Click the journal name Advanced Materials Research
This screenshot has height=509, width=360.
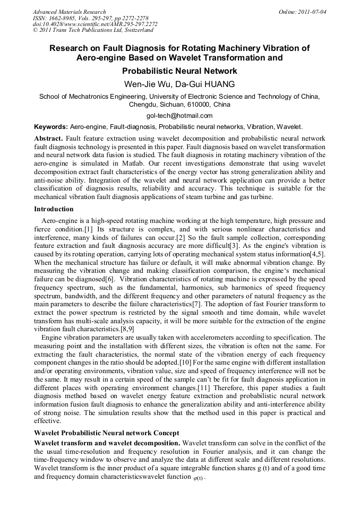(x=69, y=12)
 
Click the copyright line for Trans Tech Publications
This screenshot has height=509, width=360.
(x=93, y=30)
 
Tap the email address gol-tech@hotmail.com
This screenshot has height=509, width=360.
(x=179, y=115)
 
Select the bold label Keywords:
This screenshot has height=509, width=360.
(x=50, y=127)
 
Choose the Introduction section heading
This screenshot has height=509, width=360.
(x=54, y=209)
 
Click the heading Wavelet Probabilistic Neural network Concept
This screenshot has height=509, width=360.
(x=106, y=433)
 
